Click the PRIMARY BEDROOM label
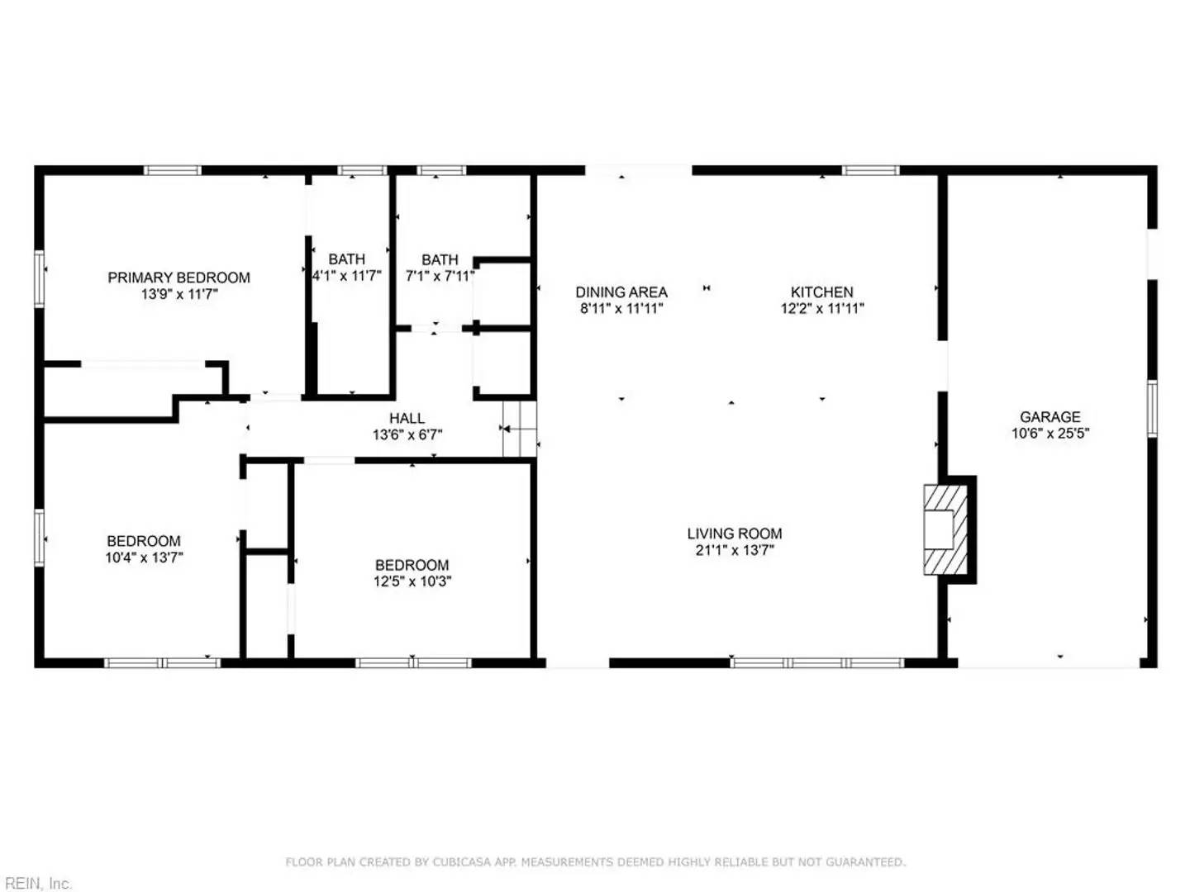(178, 278)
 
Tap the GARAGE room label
(1050, 417)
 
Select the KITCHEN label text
(821, 292)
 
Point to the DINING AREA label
(621, 292)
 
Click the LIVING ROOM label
(734, 534)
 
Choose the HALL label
(407, 419)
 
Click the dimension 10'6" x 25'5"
(1050, 434)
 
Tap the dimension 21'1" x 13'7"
(734, 550)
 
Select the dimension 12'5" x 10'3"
(412, 581)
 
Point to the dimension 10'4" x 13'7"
(144, 557)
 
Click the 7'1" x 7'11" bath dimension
(440, 276)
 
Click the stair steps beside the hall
(519, 429)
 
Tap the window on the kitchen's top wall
(870, 171)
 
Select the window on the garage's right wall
(1151, 408)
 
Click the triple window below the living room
(816, 662)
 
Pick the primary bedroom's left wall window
(39, 278)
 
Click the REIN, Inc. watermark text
(36, 883)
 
